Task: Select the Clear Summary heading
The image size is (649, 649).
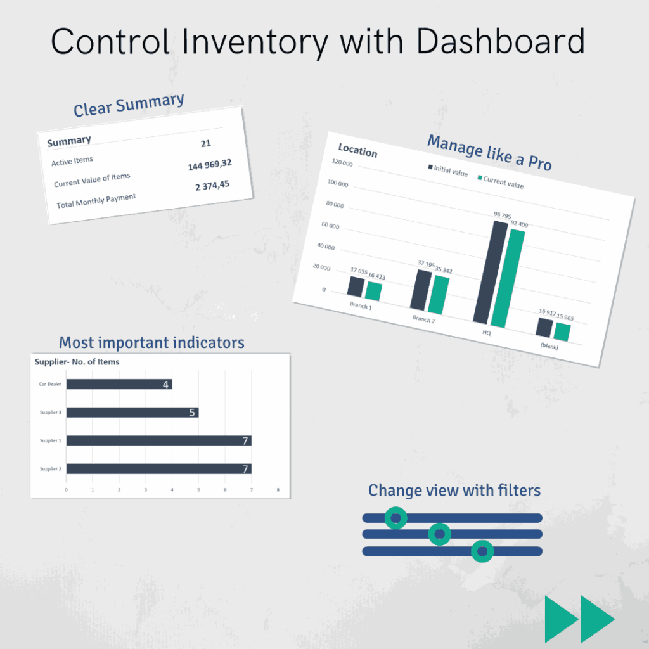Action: tap(129, 105)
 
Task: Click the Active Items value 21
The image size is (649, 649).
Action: tap(205, 144)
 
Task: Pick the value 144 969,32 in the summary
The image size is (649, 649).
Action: tap(209, 165)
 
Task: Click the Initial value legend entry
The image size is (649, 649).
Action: tap(447, 169)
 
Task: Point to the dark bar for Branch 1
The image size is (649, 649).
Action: tap(356, 286)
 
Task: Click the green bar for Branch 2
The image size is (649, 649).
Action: tap(438, 295)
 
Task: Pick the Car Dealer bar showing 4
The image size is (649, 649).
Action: tap(119, 384)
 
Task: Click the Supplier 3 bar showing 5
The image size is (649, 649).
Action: tap(132, 413)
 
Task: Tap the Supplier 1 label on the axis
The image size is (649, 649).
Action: tap(50, 440)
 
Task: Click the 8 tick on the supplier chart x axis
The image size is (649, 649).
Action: tap(278, 489)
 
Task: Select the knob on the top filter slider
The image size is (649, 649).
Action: tap(396, 518)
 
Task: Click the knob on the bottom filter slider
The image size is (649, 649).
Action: tap(482, 551)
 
